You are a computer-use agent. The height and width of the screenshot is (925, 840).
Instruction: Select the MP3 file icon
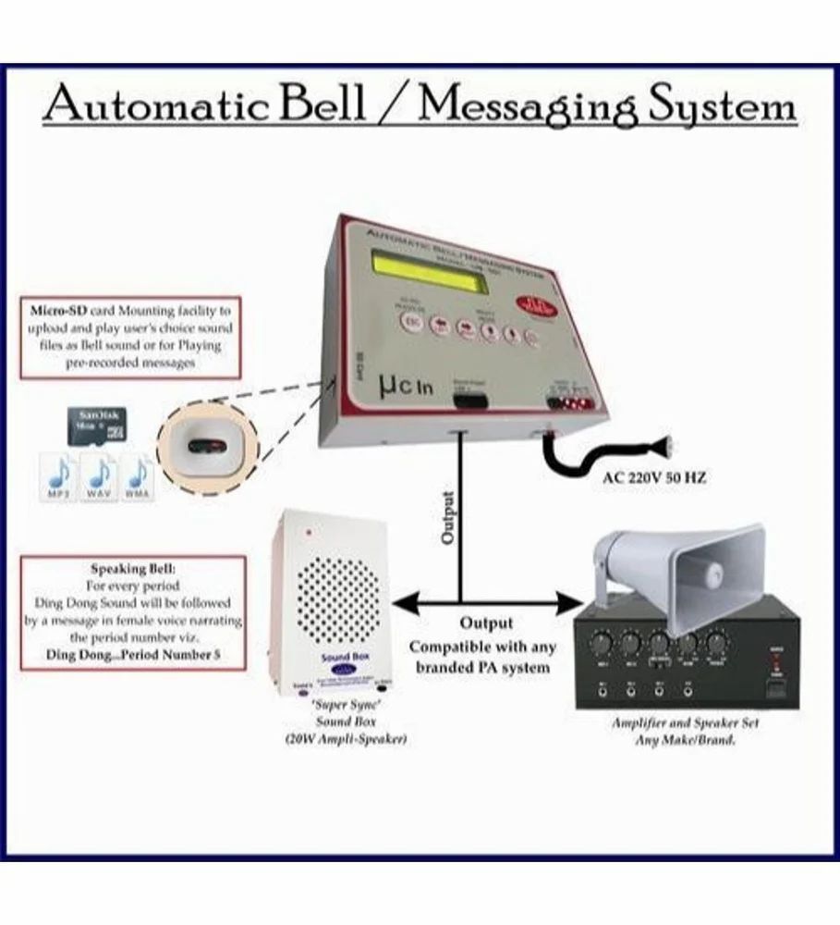point(60,477)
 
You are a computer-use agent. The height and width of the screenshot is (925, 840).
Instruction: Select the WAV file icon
point(100,477)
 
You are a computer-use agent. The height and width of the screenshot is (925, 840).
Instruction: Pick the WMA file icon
point(139,477)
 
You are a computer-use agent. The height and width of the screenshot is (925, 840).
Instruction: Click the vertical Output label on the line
point(449,519)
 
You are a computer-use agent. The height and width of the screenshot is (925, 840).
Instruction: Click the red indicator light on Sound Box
point(309,534)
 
